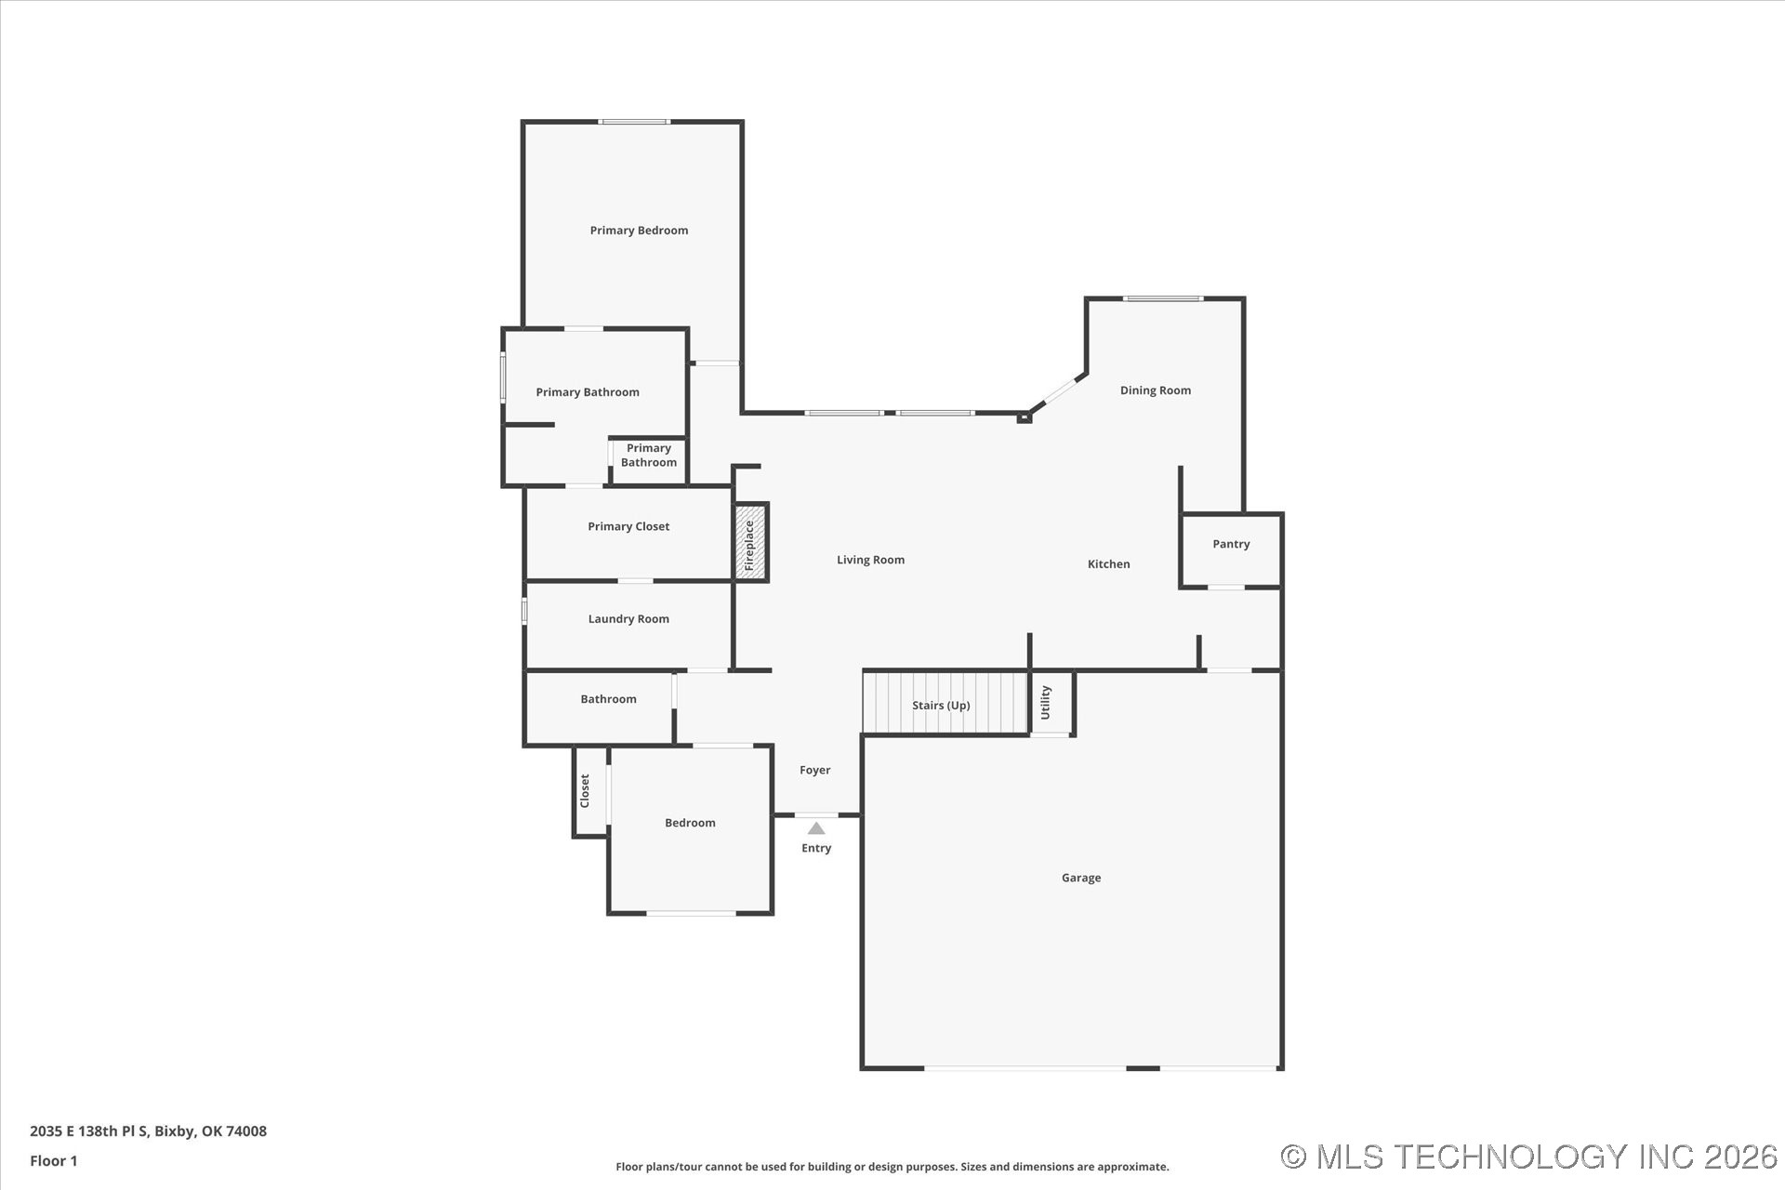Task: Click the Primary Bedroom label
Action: [639, 231]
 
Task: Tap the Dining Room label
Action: [1155, 390]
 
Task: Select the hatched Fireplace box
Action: [750, 544]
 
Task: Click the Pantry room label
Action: [1231, 544]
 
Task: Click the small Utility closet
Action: [1051, 703]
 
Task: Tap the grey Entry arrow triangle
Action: [815, 828]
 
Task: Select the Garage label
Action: [1080, 878]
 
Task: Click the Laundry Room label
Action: [628, 619]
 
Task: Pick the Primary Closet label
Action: [628, 526]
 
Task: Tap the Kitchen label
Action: [1108, 564]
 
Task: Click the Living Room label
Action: [870, 560]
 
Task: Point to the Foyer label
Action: [814, 770]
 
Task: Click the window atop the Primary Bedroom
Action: [634, 122]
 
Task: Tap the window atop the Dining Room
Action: [1162, 298]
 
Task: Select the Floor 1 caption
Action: [54, 1160]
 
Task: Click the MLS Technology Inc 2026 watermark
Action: [1528, 1157]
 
